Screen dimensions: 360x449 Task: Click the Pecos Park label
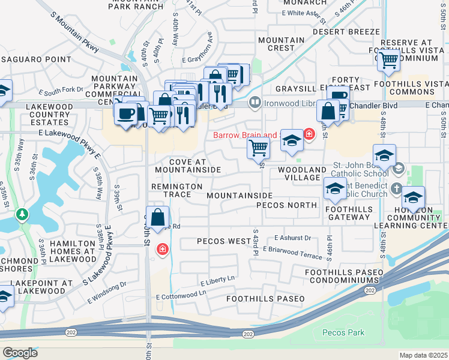coord(343,332)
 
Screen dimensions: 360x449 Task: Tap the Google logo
coord(20,353)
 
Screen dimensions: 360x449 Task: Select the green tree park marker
coord(22,214)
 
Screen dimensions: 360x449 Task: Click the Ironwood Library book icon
coord(255,103)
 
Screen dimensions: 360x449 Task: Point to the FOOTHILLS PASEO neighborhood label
coord(265,299)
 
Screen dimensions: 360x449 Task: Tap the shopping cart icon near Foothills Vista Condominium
coord(389,59)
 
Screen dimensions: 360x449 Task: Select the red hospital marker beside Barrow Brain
coord(309,134)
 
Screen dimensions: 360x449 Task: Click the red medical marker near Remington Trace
coord(162,249)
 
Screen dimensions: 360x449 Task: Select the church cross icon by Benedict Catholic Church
coord(396,189)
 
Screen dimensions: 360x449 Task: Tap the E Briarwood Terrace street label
coord(292,253)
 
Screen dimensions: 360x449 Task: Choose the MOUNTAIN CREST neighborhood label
coord(281,44)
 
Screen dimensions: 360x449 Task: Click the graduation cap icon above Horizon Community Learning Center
coord(413,197)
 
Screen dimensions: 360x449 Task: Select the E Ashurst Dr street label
coord(292,238)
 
